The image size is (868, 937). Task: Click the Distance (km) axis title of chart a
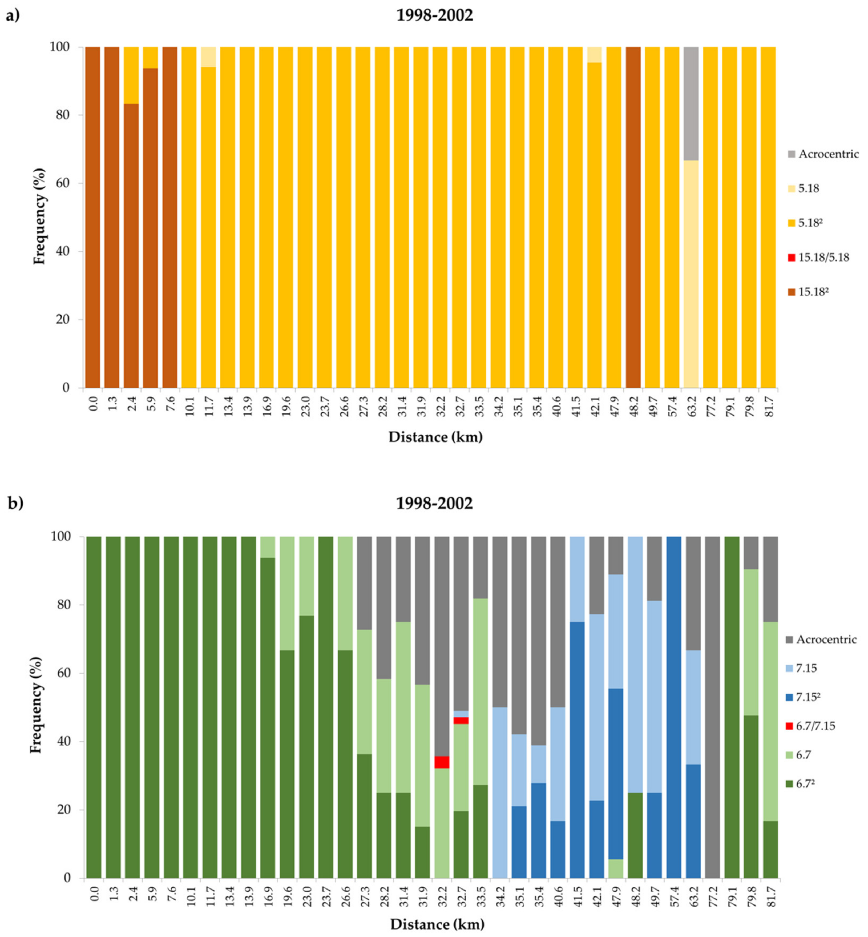point(435,437)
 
